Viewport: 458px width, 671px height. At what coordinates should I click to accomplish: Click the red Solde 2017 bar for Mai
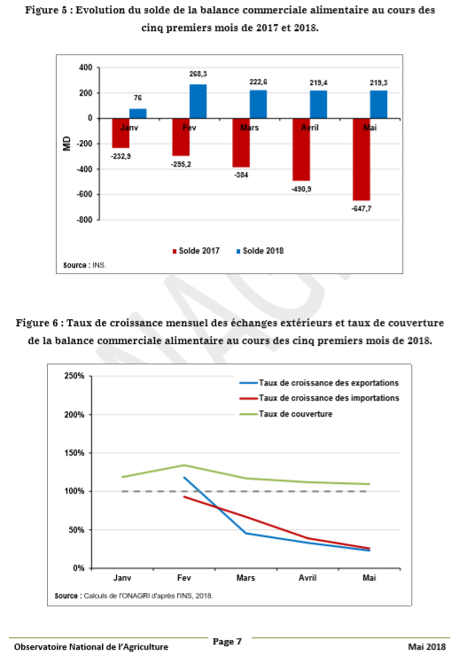tap(361, 160)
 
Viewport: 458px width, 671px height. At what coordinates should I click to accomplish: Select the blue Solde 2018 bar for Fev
tap(198, 101)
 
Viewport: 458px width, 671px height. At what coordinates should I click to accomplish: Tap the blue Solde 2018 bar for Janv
tap(137, 113)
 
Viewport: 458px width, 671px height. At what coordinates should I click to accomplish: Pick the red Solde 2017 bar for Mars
tap(241, 143)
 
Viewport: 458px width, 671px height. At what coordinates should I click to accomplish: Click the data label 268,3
tap(198, 74)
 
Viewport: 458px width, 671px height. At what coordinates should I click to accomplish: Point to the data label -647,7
tap(361, 209)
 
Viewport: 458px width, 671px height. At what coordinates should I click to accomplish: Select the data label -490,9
tap(301, 189)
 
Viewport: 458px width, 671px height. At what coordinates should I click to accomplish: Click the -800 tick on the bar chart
tap(85, 220)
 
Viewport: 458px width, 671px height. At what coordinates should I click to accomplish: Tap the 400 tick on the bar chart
tap(86, 67)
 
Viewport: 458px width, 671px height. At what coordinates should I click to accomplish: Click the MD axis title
tap(66, 144)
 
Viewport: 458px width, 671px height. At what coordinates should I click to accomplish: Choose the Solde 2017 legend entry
tap(196, 251)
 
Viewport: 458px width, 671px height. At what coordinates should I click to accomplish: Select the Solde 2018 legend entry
tap(260, 251)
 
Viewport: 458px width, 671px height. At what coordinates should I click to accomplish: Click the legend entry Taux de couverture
tap(285, 414)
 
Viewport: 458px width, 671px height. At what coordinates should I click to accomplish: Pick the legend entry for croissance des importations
tap(319, 398)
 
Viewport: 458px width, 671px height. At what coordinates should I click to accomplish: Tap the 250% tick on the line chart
tap(74, 376)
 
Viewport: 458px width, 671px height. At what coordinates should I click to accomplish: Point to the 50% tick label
tap(76, 530)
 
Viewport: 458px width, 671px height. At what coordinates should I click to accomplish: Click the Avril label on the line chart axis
tap(307, 578)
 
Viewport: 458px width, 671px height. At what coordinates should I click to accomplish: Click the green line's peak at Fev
tap(184, 465)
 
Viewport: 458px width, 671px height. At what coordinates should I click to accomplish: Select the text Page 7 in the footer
tap(227, 642)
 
